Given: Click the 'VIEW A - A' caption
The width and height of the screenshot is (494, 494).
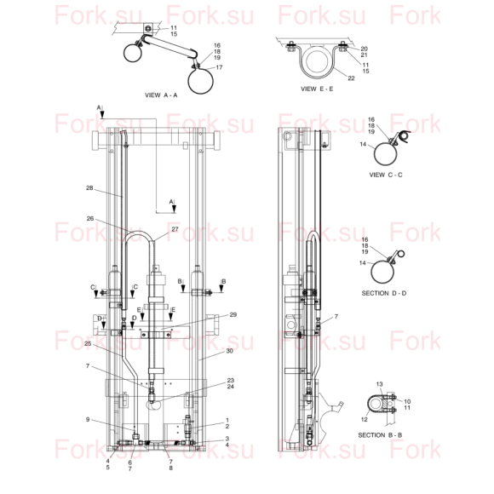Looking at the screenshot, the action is tap(161, 95).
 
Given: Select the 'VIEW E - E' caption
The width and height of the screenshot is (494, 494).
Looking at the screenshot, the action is tap(317, 89).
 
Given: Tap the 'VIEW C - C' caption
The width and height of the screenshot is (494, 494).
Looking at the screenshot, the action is tap(386, 175).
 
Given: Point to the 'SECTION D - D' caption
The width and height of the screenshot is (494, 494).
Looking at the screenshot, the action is tap(384, 293).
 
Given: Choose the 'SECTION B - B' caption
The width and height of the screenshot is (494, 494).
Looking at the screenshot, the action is tap(380, 435).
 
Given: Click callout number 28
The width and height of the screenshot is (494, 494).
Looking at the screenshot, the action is tap(89, 187).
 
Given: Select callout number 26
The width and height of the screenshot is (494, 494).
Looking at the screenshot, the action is tap(90, 218).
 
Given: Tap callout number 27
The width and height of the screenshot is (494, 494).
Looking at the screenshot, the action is tap(175, 229).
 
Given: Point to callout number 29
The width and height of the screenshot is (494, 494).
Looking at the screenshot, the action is tap(233, 314).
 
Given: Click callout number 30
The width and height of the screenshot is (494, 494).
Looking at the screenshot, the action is tap(229, 351).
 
